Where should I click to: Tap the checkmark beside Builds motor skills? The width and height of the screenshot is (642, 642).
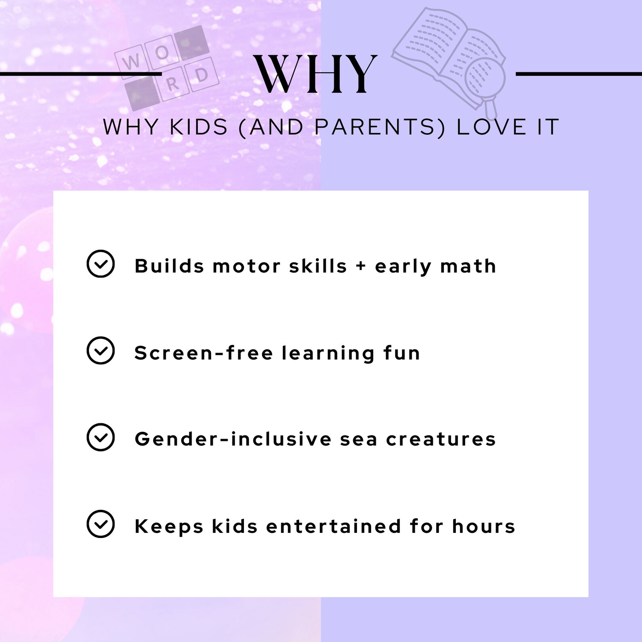[101, 264]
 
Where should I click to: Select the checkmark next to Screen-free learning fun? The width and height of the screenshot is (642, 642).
[101, 351]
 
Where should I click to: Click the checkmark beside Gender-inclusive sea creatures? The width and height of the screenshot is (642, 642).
[101, 437]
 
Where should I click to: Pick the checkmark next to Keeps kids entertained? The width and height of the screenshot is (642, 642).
[101, 524]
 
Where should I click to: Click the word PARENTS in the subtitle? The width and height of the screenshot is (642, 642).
[374, 127]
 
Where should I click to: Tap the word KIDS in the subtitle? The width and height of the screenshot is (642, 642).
[199, 127]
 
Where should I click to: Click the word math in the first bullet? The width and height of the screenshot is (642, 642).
[468, 266]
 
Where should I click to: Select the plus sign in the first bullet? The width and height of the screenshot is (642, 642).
[361, 266]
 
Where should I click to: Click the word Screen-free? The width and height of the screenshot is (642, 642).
[204, 353]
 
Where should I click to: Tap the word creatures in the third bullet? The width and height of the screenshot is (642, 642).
[441, 440]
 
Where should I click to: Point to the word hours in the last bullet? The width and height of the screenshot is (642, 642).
[484, 526]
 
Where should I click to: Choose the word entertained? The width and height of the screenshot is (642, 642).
[334, 526]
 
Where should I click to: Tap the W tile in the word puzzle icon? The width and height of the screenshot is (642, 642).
[131, 62]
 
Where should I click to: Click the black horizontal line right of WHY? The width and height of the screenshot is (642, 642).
[579, 74]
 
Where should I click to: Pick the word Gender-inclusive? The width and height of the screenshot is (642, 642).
[233, 440]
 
